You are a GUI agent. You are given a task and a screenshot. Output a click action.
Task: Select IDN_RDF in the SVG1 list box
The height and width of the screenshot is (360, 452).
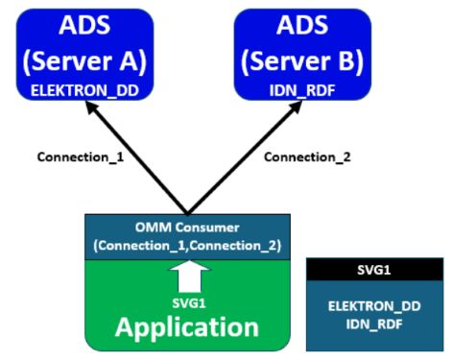click(373, 324)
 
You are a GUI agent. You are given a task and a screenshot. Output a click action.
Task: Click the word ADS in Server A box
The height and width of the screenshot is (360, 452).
click(85, 24)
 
